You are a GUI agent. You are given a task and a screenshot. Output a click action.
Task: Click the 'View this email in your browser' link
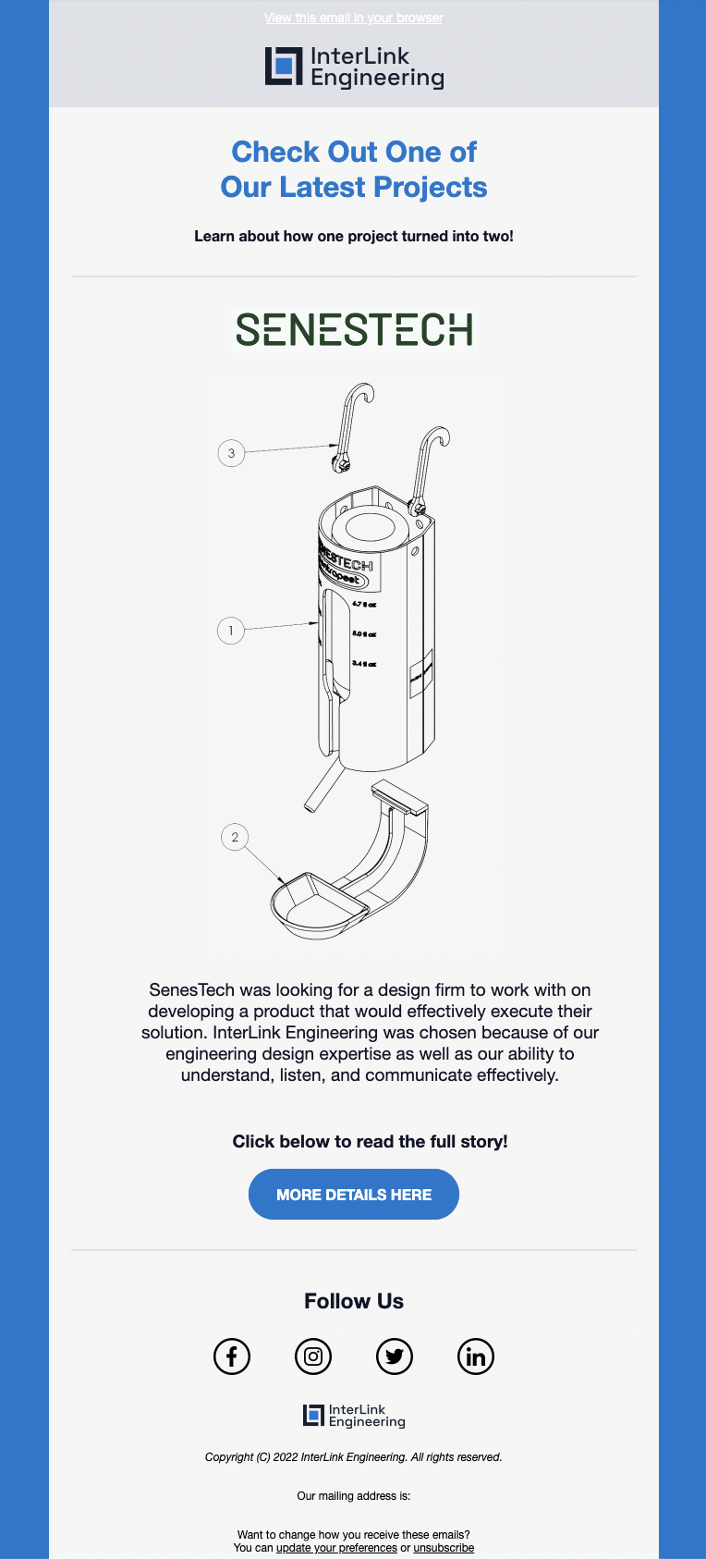coord(353,18)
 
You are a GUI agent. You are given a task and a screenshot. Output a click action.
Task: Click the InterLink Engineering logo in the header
coord(354,68)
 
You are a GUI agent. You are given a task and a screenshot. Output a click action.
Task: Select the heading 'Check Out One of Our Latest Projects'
coord(354,169)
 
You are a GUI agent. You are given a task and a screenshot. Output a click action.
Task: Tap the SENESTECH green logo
coord(354,329)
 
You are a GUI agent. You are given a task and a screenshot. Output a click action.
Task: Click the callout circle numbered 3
coord(231,453)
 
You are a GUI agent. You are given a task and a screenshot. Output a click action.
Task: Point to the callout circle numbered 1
coord(231,631)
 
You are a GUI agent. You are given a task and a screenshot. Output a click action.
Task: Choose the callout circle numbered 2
coord(235,837)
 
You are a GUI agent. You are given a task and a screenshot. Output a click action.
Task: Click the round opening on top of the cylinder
coord(371,527)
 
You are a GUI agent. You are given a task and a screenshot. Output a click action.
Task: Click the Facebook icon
coord(232,1356)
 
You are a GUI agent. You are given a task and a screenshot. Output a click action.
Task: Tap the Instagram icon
coord(313,1356)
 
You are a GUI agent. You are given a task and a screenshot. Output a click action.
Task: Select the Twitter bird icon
coord(395,1356)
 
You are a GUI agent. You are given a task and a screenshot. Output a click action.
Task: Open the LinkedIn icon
coord(476,1356)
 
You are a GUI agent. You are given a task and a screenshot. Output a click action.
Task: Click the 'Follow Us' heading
coord(354,1301)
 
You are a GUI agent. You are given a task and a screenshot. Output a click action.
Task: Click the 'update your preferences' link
coord(336,1548)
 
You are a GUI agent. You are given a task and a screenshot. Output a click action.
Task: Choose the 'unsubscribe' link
coord(444,1548)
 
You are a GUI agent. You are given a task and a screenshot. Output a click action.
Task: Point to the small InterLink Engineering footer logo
coord(354,1416)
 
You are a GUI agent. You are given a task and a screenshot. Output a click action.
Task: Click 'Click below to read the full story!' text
coord(370,1141)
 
